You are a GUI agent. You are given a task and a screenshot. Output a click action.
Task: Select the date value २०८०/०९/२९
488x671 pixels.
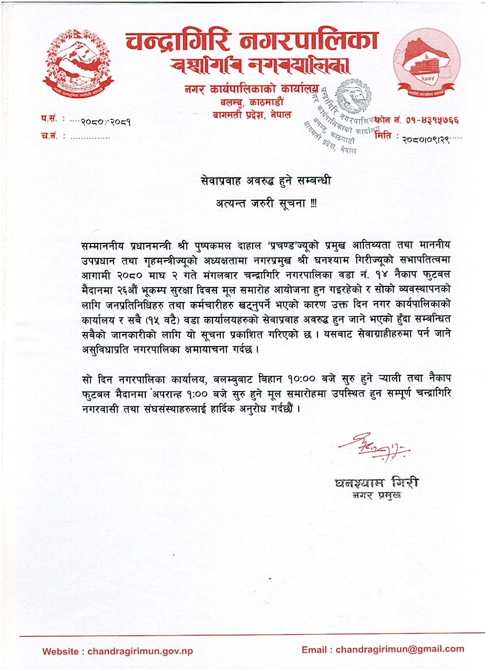click(425, 138)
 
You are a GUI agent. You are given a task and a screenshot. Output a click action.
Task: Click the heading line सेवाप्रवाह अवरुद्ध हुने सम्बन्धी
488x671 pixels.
click(262, 181)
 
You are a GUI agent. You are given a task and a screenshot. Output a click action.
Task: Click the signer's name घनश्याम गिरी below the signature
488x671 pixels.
click(376, 483)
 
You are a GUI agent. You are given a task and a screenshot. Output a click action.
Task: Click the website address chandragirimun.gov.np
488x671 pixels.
click(140, 651)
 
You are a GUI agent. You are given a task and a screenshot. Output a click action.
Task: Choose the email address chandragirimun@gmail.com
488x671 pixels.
click(400, 649)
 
